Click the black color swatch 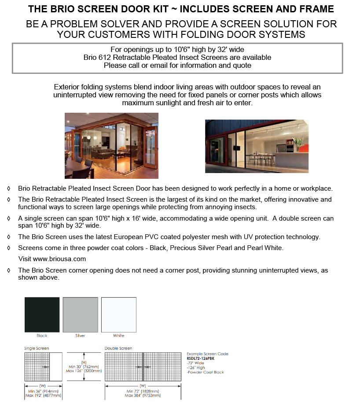[42, 314]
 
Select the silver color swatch [80, 314]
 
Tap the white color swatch [118, 314]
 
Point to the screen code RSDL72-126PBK [201, 358]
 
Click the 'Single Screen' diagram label [37, 348]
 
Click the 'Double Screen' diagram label [118, 348]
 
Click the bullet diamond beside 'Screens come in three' [9, 248]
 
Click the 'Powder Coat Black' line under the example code [206, 372]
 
